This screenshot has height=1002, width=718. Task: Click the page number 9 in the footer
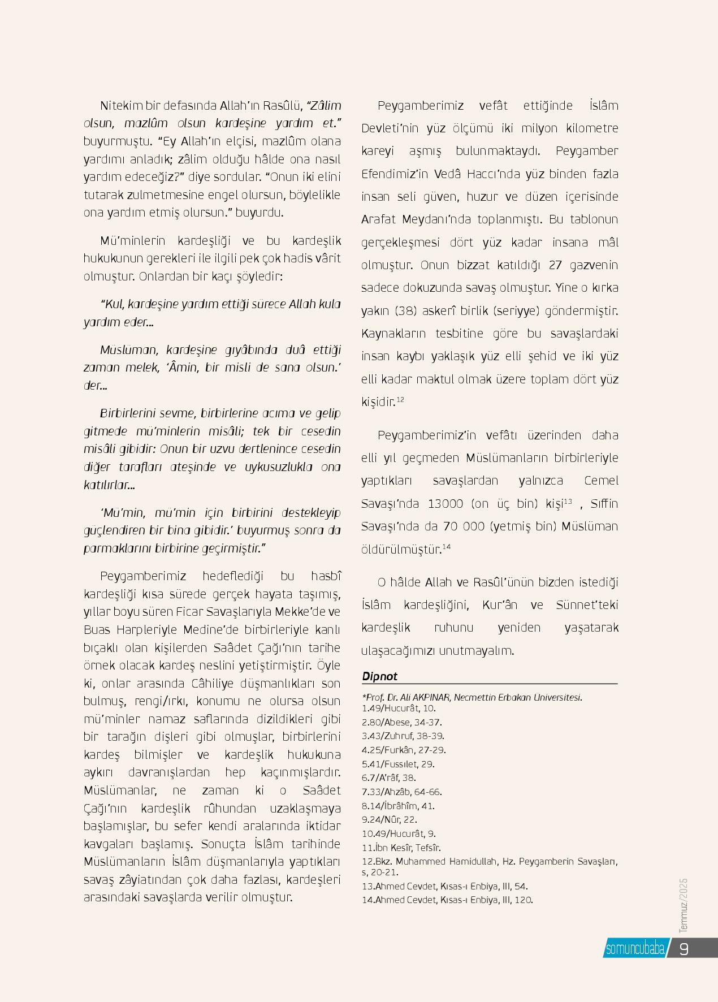(684, 948)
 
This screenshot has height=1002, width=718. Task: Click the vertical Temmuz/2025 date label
(684, 905)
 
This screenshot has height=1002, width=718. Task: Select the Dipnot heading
(379, 676)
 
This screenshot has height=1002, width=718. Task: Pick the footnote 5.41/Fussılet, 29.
(398, 764)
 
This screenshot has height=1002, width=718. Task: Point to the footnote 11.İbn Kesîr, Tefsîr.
(401, 848)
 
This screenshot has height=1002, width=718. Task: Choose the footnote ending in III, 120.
(447, 900)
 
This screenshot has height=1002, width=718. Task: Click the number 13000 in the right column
(446, 503)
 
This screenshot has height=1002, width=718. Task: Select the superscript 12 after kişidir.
(400, 400)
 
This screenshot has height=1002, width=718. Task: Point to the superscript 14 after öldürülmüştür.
(446, 547)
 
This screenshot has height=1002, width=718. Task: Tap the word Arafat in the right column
(379, 219)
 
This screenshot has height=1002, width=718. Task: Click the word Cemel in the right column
(601, 481)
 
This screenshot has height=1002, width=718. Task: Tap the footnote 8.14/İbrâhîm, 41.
(398, 806)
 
